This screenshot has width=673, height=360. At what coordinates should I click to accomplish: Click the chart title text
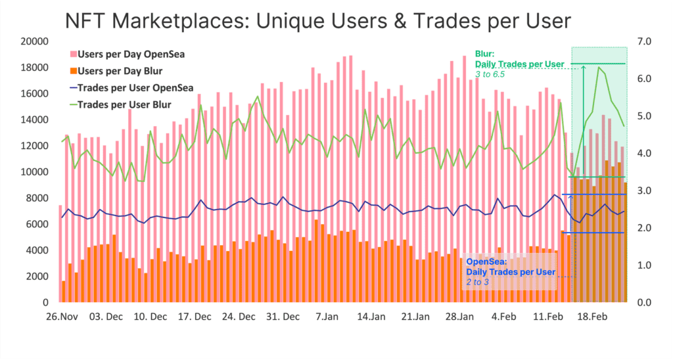[x=318, y=21]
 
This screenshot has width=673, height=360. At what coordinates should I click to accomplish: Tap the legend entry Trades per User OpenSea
[x=134, y=88]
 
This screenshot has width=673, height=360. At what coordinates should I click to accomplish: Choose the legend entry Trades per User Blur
[x=124, y=104]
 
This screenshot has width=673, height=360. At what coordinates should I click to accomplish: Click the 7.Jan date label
[x=327, y=317]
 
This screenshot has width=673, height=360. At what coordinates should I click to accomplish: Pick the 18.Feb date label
[x=592, y=317]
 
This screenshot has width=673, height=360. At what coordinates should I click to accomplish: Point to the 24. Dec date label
[x=238, y=317]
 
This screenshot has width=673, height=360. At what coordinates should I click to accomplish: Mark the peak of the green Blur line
[x=598, y=67]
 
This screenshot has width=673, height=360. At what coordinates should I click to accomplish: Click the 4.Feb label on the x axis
[x=503, y=317]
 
